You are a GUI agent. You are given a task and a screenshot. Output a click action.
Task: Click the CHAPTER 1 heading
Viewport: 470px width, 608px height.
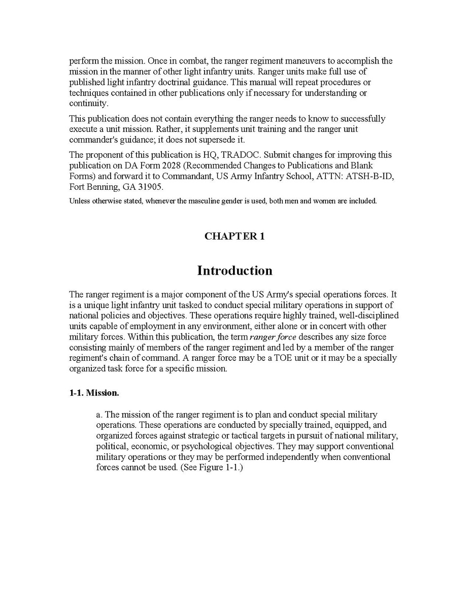point(234,237)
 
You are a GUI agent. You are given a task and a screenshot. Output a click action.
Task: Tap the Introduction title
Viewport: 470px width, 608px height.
point(234,271)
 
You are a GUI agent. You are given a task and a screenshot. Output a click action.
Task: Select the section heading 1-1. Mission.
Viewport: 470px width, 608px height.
point(94,393)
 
